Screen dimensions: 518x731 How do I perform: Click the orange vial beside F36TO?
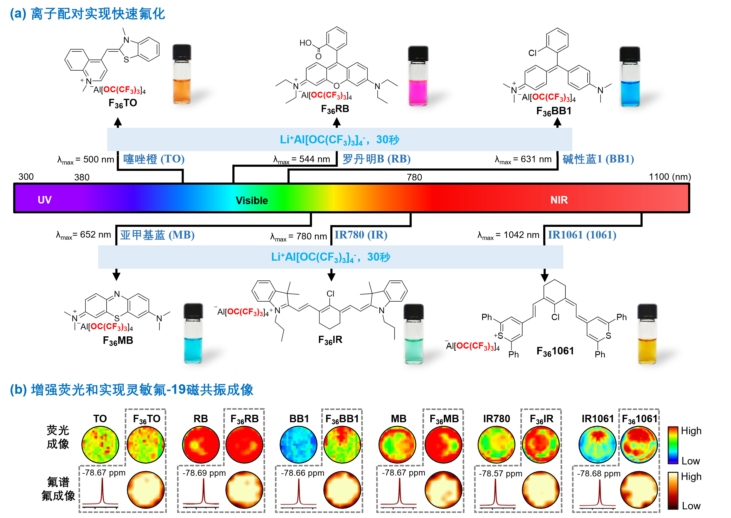tap(182, 75)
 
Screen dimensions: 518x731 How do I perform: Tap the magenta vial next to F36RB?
tap(418, 77)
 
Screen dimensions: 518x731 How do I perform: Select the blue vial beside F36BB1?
tap(629, 77)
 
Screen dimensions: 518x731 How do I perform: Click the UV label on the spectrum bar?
tap(44, 200)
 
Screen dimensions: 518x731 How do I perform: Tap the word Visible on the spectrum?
tap(252, 200)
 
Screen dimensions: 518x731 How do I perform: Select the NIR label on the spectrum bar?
tap(559, 200)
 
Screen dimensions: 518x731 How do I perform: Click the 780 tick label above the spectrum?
tap(414, 177)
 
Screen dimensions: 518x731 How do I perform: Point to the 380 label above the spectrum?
tap(82, 177)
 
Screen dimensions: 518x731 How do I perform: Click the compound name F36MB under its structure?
tap(118, 341)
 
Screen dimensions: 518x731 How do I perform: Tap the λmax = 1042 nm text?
tap(508, 236)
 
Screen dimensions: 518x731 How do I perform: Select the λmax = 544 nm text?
tap(301, 159)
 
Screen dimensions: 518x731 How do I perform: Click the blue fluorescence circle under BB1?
tap(298, 444)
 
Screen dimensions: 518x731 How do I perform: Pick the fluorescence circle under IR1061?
tap(597, 444)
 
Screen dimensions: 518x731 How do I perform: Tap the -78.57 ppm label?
tap(500, 474)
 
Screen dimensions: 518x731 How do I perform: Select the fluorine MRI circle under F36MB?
tap(444, 490)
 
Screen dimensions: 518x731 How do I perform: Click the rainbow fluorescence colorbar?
tap(673, 445)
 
